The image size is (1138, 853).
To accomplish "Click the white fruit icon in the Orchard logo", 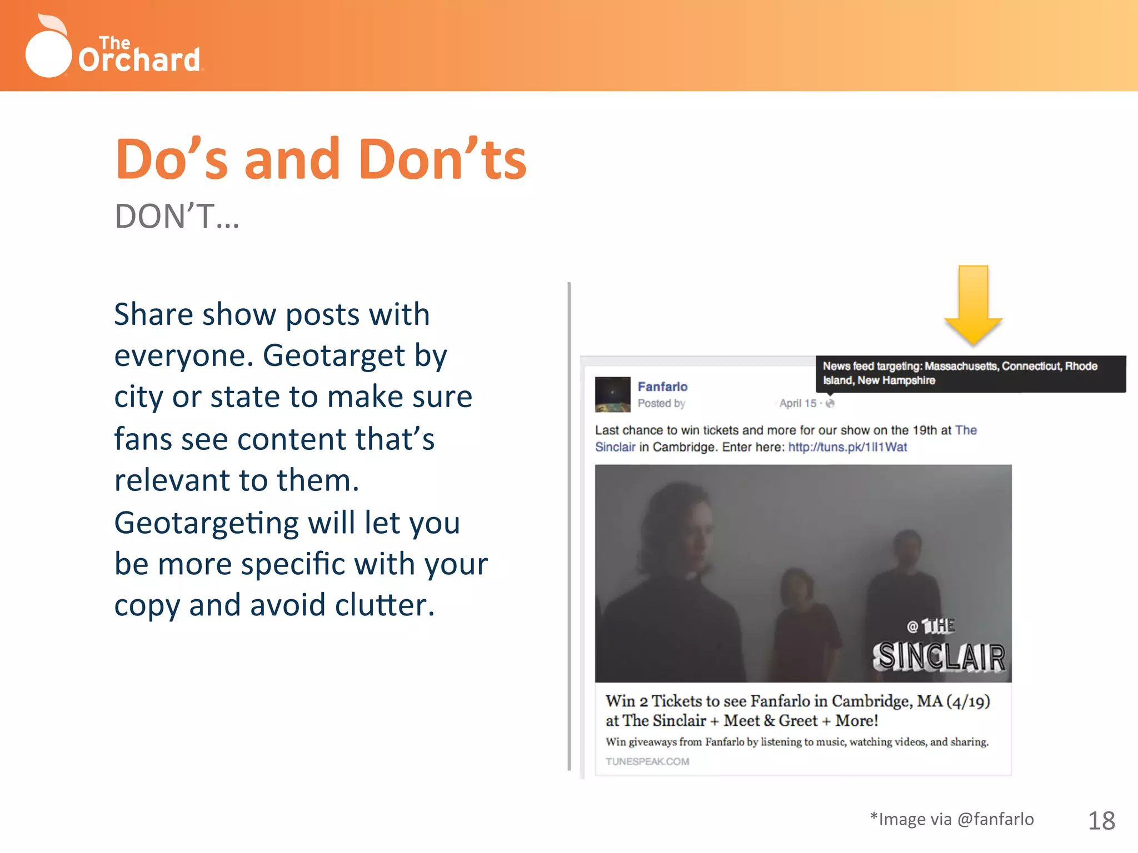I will point(48,51).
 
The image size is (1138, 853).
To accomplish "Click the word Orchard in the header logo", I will point(139,60).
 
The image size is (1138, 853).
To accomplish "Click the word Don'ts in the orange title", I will point(442,160).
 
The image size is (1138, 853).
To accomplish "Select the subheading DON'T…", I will point(177,217).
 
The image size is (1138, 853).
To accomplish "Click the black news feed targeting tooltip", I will point(970,373).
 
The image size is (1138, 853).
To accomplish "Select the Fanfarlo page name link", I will point(662,387).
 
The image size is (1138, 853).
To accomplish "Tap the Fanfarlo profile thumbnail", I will point(612,394).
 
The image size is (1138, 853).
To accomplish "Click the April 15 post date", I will point(798,403).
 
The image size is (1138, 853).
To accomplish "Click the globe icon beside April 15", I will point(830,403).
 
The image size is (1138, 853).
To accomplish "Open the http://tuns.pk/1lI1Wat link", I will point(847,447).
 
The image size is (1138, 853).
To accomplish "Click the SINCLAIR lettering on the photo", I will point(939,656).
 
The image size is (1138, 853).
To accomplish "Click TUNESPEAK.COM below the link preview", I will point(647,761).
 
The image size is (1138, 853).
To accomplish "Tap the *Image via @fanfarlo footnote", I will point(952,819).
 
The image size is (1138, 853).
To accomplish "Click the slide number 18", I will point(1101,821).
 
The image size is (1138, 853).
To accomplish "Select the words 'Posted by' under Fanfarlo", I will point(661,403).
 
